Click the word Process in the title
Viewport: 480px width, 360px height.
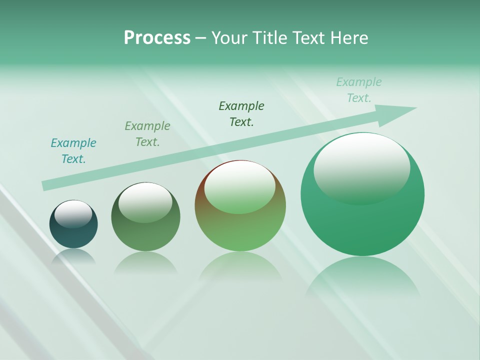157,38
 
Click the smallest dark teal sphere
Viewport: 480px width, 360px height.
73,233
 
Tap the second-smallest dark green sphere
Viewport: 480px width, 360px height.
145,232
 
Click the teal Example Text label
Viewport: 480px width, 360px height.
73,151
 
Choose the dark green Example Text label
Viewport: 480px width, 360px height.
241,113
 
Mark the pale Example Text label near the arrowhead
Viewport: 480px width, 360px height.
359,90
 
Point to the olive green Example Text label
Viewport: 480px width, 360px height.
147,134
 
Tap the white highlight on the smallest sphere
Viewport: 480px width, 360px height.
73,213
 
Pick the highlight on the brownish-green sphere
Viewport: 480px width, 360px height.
239,186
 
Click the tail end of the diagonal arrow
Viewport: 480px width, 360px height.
46,185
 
